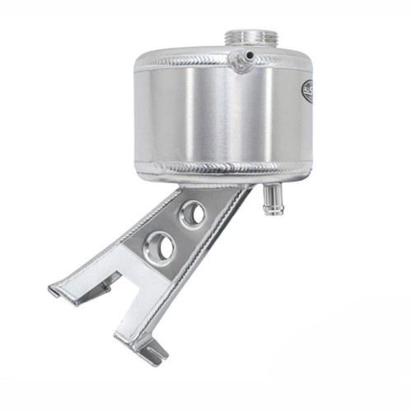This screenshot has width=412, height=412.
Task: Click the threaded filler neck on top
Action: point(250,40)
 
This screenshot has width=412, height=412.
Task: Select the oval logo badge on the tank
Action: point(308,91)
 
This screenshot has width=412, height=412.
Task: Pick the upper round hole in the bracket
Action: point(193,213)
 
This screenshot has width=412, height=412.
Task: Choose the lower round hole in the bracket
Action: point(160,247)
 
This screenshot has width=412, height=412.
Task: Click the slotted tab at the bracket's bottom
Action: point(151,353)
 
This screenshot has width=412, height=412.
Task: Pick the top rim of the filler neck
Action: point(250,32)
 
